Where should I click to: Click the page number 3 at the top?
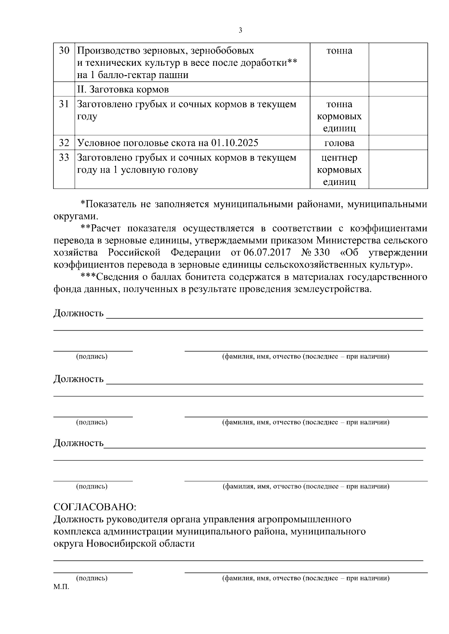click(240, 30)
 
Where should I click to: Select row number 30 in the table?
click(64, 50)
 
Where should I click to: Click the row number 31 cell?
click(64, 104)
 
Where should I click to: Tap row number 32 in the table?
click(64, 143)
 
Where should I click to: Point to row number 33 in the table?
click(64, 158)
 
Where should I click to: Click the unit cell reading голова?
click(339, 143)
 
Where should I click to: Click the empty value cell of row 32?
click(398, 143)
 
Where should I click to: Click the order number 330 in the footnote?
click(322, 253)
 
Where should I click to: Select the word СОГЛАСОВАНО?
click(95, 507)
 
